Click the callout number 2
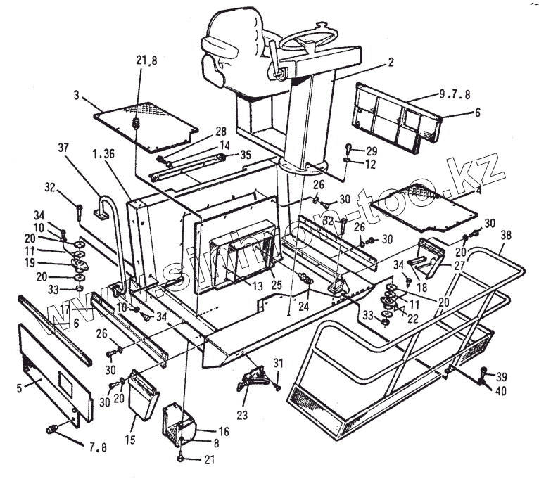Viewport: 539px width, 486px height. point(389,62)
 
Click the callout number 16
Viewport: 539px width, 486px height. point(204,430)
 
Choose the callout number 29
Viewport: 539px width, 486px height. point(372,151)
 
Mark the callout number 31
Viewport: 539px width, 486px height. point(278,363)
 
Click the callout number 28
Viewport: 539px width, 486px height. point(220,132)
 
